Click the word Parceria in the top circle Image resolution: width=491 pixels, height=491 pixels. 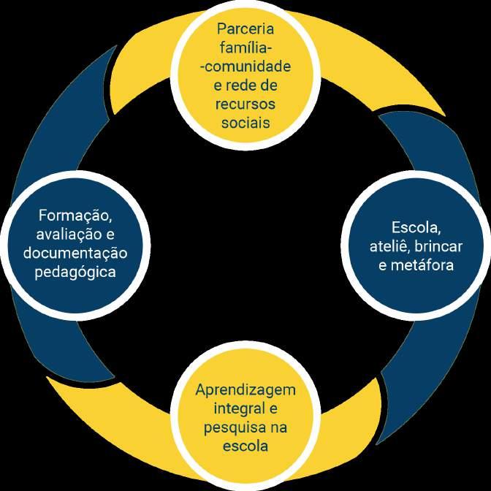point(245,29)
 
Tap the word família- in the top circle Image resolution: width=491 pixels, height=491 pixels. point(245,48)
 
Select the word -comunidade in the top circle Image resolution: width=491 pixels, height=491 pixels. point(245,66)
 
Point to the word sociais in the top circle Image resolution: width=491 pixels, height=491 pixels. point(245,122)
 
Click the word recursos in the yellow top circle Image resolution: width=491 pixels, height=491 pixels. point(245,104)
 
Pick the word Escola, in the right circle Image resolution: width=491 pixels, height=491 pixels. point(416,226)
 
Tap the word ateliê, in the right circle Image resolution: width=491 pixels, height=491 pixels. point(387,245)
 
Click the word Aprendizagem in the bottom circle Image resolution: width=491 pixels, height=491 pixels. point(245,389)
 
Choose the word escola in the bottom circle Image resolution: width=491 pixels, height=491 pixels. point(245,445)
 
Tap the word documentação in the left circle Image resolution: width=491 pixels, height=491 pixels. point(75,253)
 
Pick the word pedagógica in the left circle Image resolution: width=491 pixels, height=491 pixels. point(75,272)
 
